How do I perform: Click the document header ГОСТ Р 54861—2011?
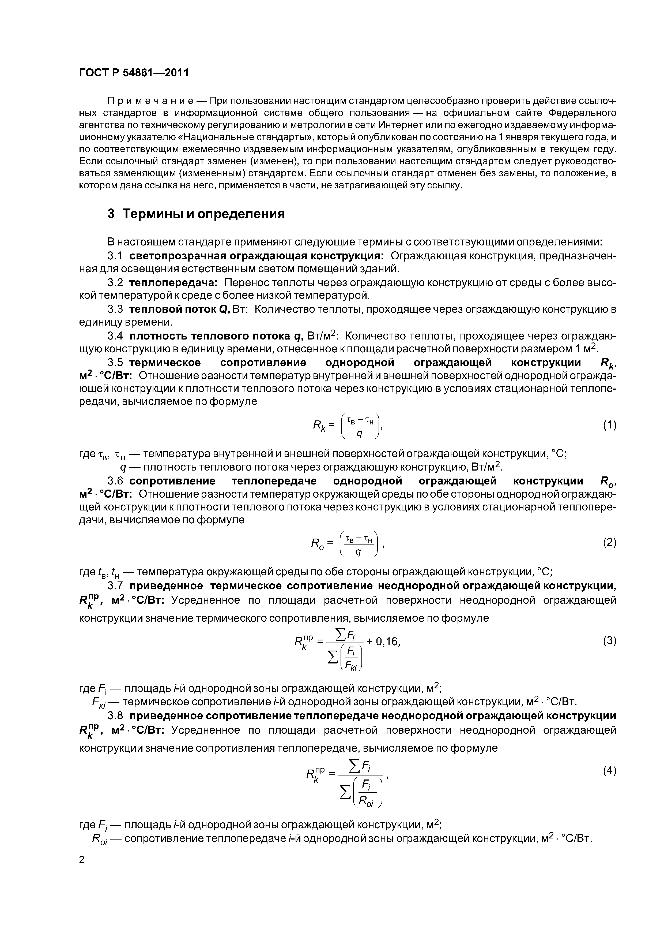click(134, 73)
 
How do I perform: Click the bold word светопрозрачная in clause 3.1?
click(176, 256)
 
